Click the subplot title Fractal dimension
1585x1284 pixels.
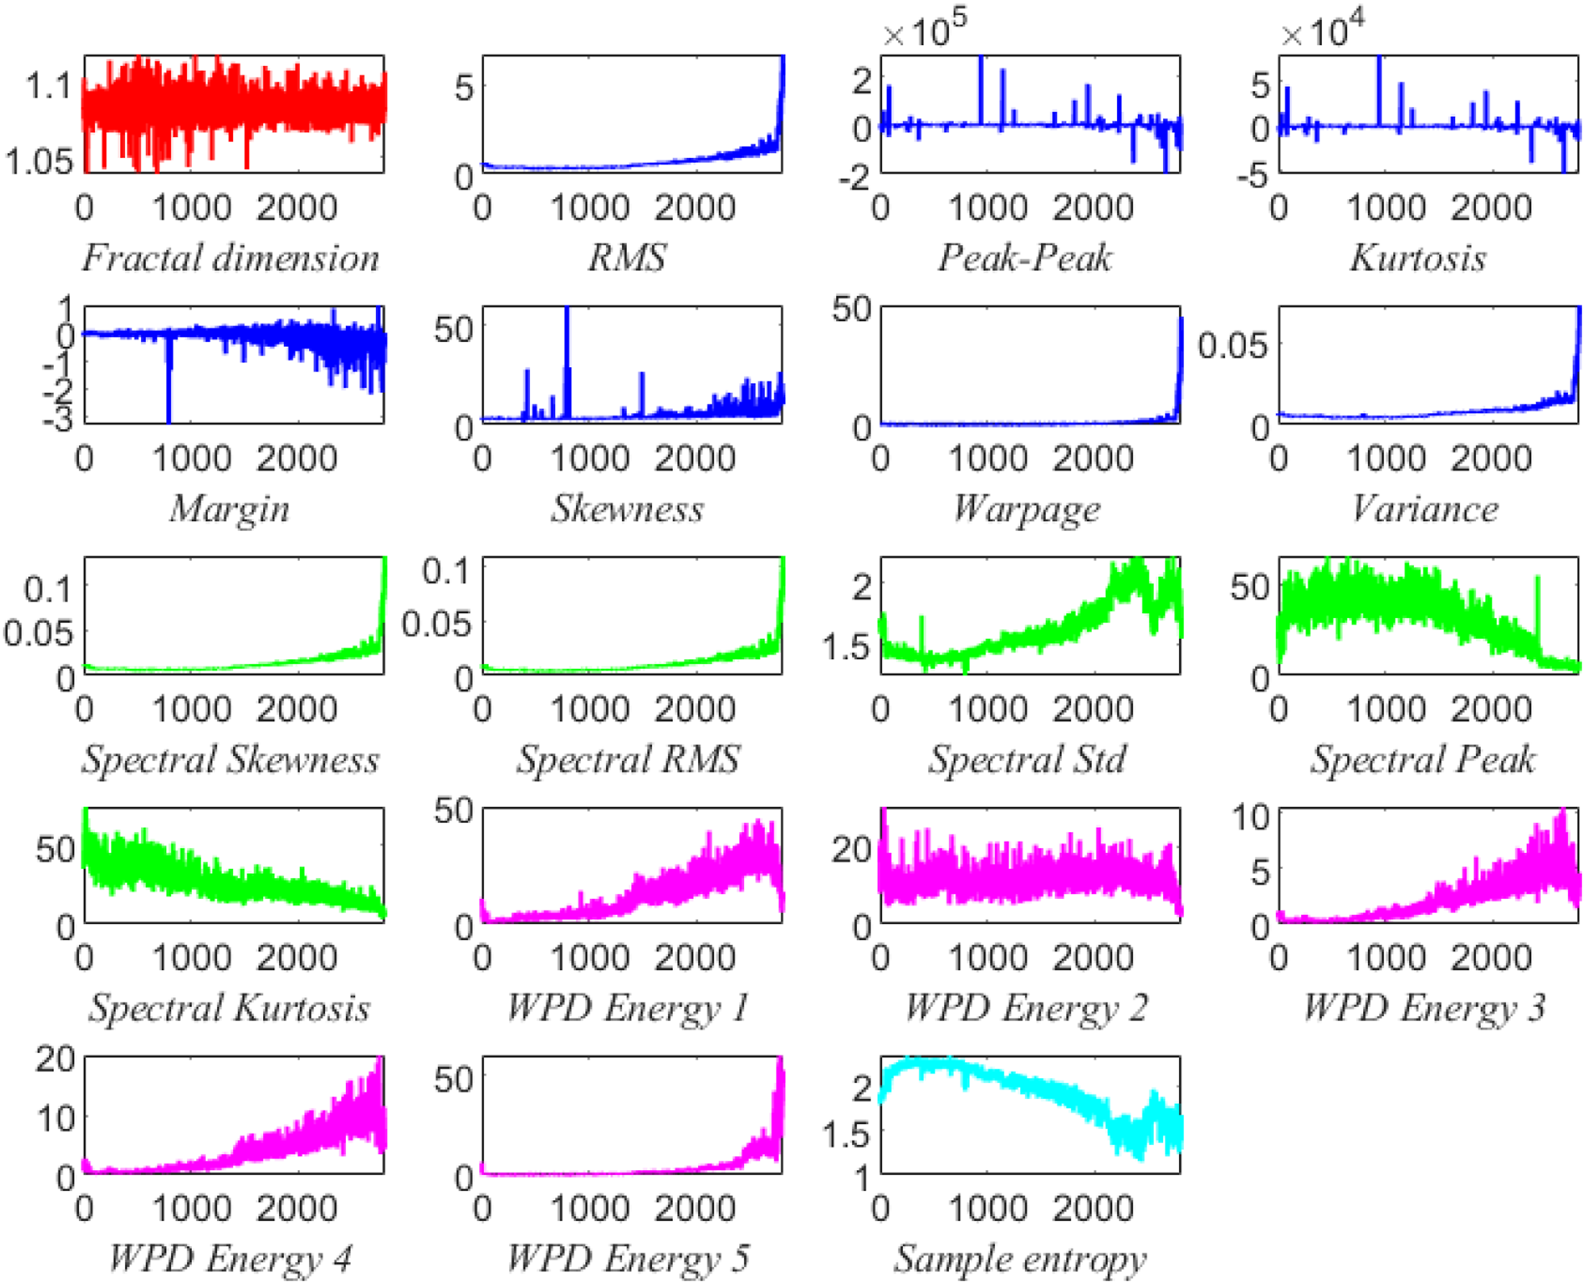[x=230, y=258]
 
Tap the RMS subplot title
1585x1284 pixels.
[x=628, y=258]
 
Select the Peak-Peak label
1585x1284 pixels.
[x=1025, y=258]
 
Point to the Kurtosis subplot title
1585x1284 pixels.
[x=1418, y=258]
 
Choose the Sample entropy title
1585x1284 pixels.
[x=1020, y=1259]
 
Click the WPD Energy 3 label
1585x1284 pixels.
[x=1424, y=1008]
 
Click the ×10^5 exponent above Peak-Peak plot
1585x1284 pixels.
[x=925, y=29]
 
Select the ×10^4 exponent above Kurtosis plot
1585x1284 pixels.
[x=1323, y=29]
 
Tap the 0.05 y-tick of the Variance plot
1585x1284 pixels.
[x=1233, y=344]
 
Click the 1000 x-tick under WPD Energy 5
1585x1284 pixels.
[x=590, y=1208]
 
